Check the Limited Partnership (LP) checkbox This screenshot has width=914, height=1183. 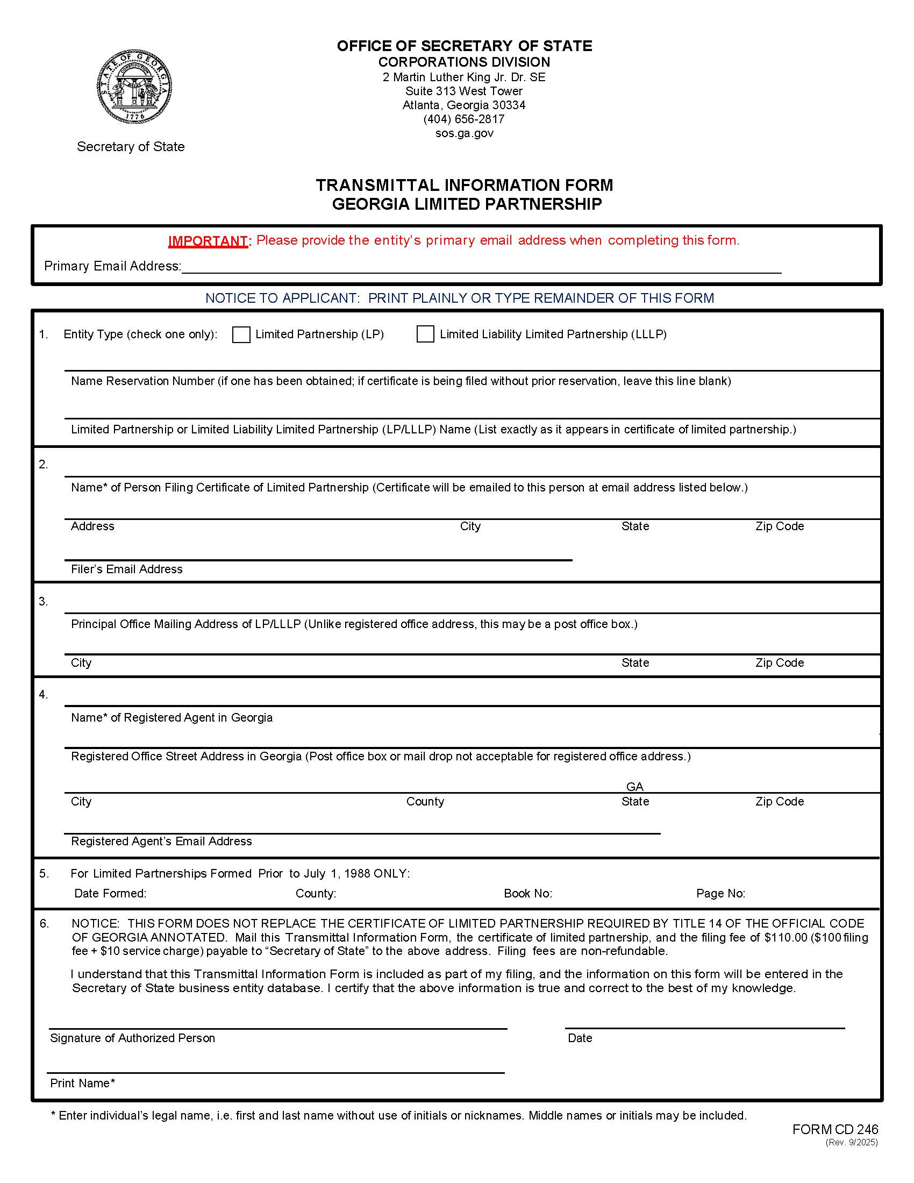(241, 335)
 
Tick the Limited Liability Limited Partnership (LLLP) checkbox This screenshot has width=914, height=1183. (425, 334)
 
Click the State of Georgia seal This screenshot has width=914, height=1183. (134, 87)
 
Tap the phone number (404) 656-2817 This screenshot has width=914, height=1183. (464, 119)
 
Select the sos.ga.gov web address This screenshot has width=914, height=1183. (464, 133)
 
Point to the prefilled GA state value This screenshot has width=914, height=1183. (634, 787)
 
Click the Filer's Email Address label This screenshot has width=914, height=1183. (127, 569)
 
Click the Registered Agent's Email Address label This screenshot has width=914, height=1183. (161, 841)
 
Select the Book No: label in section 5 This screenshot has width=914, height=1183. (528, 893)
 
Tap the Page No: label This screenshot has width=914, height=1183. (720, 893)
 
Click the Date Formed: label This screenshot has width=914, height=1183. (110, 893)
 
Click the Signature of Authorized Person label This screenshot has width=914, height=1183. (133, 1038)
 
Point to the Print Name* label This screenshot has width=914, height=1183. (82, 1083)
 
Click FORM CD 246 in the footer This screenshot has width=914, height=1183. (835, 1129)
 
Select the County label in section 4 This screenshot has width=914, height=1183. (425, 801)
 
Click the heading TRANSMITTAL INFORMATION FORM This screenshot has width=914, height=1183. (465, 186)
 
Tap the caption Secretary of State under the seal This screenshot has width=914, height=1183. (131, 147)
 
